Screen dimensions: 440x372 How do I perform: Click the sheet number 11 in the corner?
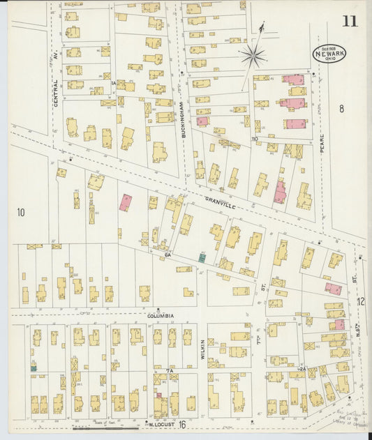click(350, 21)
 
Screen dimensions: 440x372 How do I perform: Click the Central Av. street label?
click(55, 91)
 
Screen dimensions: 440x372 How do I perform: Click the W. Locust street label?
click(159, 423)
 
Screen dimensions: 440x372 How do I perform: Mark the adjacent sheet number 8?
click(341, 108)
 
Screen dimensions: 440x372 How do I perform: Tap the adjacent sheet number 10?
click(20, 212)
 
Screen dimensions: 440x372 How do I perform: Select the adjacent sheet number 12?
click(361, 301)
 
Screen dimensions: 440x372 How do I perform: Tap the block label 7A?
click(169, 371)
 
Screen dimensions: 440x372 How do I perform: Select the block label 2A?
click(302, 368)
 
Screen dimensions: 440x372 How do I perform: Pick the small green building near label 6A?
click(202, 257)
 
